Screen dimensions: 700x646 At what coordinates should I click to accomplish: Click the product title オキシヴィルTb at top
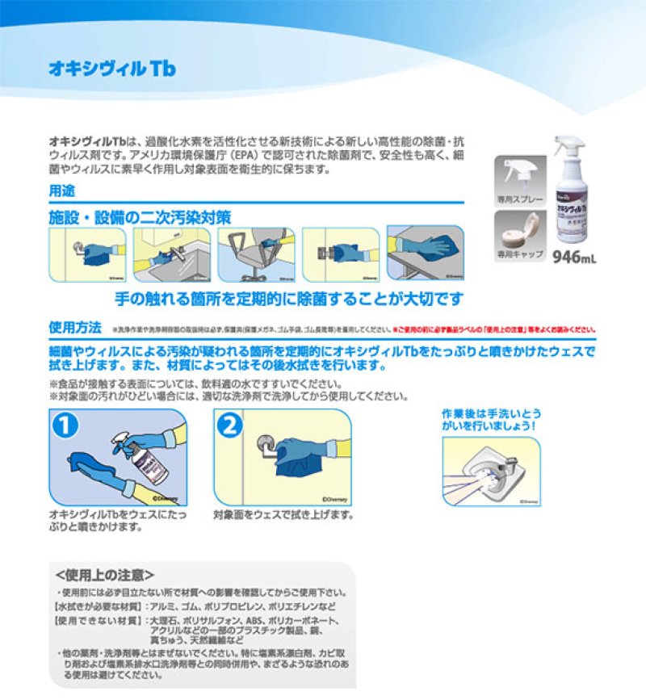111,68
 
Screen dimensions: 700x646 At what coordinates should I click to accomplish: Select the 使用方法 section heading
75,327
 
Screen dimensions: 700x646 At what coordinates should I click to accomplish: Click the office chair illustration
256,254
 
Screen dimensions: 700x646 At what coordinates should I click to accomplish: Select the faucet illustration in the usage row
171,254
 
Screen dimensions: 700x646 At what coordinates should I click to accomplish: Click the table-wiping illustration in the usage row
426,254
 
